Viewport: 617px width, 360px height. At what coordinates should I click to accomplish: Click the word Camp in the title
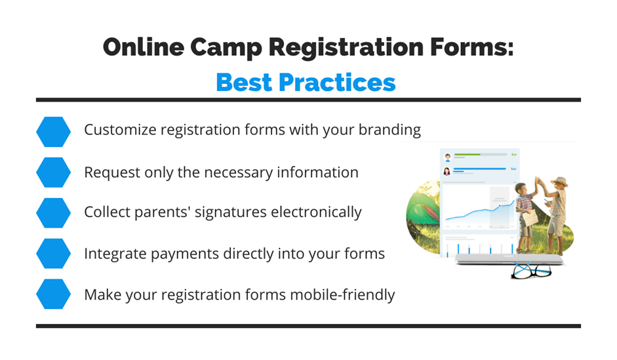point(226,48)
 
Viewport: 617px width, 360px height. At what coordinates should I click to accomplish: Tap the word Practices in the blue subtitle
point(337,83)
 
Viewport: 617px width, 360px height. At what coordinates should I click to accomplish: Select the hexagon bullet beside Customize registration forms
point(54,132)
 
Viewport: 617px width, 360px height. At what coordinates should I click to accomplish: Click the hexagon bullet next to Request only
point(54,172)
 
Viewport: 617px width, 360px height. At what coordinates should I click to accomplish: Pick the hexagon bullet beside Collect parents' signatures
point(54,213)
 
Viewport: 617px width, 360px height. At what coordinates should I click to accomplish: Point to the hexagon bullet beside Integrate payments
point(54,253)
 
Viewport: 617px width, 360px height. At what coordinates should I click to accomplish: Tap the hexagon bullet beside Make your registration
point(54,294)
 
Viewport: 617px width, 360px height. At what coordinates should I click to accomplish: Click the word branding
point(389,130)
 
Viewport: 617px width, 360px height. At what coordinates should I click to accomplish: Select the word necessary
point(239,173)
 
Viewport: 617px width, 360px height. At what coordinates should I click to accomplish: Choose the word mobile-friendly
point(340,294)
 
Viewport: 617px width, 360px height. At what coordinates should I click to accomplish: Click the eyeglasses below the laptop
point(531,270)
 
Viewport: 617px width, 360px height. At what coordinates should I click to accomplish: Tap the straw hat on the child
point(559,182)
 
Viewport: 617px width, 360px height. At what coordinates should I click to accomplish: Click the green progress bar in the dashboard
point(468,155)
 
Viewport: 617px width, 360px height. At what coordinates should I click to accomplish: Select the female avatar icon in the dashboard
point(447,172)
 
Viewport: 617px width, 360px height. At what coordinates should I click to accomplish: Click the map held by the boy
point(530,218)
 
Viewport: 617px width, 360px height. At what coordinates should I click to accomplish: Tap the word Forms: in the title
point(472,47)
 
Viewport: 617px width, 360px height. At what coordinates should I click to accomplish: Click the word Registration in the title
point(346,48)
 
